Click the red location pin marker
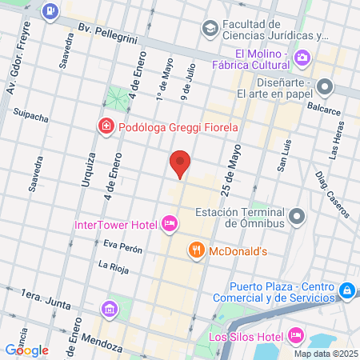(180, 163)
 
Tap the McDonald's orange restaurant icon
(195, 250)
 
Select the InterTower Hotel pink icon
(169, 223)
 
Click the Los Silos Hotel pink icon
(294, 334)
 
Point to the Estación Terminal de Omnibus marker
(298, 216)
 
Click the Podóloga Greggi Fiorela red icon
(105, 126)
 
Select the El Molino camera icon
(302, 57)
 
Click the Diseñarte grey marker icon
(325, 86)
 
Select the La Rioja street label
(113, 266)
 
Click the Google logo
(26, 350)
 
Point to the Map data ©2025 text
(324, 354)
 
